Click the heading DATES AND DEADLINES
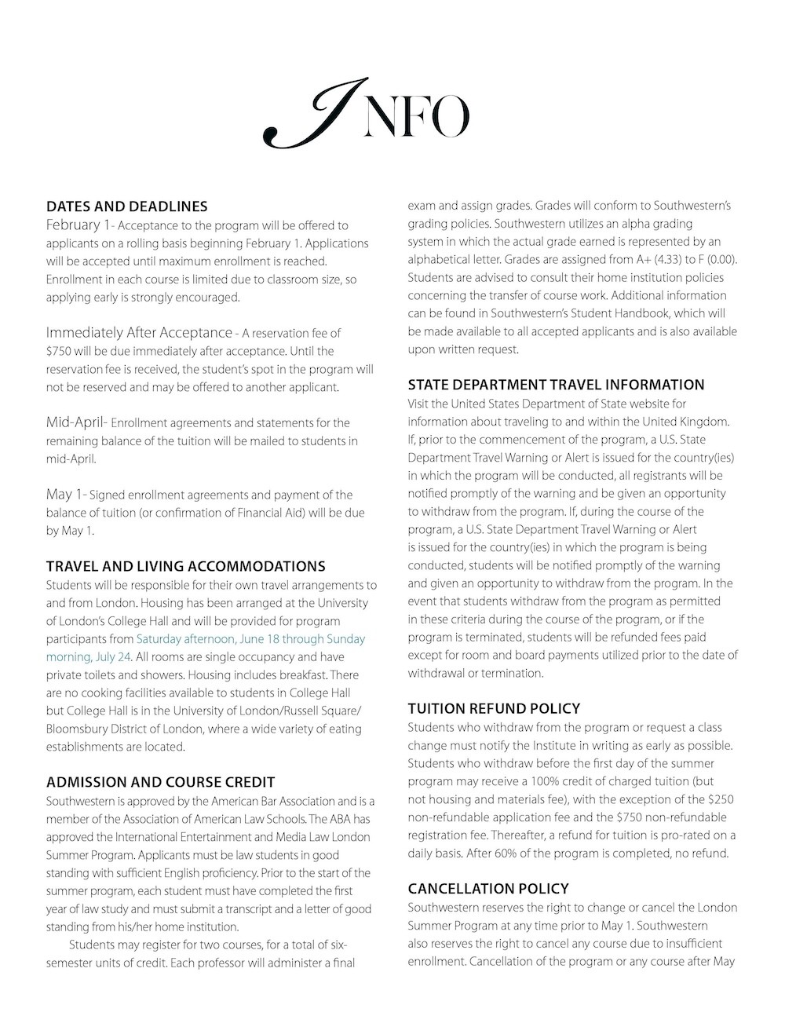pyautogui.click(x=126, y=206)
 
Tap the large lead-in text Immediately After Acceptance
pyautogui.click(x=139, y=333)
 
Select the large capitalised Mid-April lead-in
pyautogui.click(x=76, y=422)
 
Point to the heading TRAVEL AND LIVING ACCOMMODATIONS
pyautogui.click(x=185, y=566)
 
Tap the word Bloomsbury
pyautogui.click(x=78, y=729)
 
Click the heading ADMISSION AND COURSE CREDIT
pyautogui.click(x=160, y=782)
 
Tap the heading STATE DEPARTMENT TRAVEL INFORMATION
pyautogui.click(x=556, y=385)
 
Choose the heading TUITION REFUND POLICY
pyautogui.click(x=494, y=708)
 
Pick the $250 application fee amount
pyautogui.click(x=721, y=799)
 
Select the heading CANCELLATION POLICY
pyautogui.click(x=487, y=888)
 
